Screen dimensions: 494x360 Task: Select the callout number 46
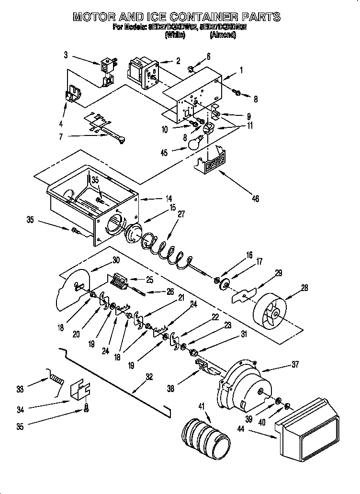coord(255,198)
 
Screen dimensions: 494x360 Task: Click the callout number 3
coord(66,55)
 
